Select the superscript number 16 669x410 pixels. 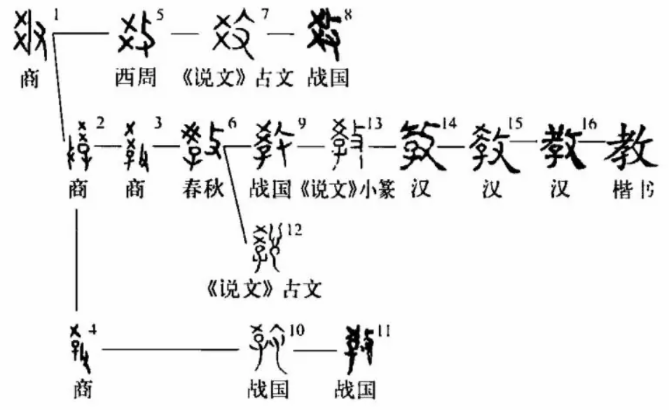click(x=588, y=124)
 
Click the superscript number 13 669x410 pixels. click(x=375, y=124)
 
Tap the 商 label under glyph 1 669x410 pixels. click(x=29, y=77)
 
